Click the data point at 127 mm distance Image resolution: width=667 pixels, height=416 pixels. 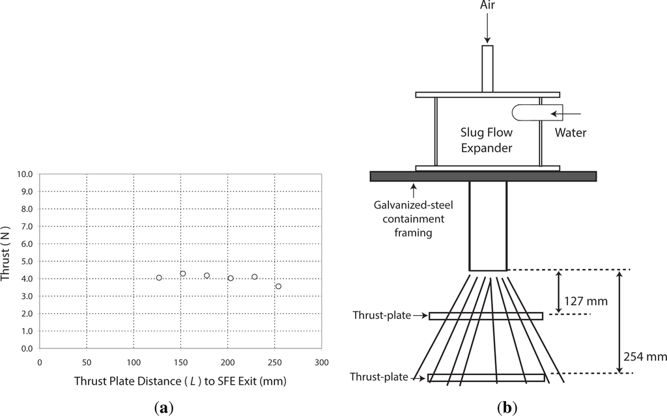point(159,278)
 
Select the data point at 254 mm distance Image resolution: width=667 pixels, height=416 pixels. point(278,286)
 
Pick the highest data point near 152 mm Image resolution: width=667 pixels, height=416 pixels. point(183,274)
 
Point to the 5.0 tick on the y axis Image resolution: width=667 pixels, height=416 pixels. point(27,261)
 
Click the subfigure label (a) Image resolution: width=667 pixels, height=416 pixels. point(165,408)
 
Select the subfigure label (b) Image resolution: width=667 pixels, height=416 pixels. point(507,408)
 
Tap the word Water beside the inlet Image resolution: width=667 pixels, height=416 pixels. point(571,133)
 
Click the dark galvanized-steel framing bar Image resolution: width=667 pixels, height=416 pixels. point(483,176)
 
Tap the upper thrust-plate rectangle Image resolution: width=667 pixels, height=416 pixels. point(486,316)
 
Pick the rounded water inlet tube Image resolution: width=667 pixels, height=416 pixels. point(528,113)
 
